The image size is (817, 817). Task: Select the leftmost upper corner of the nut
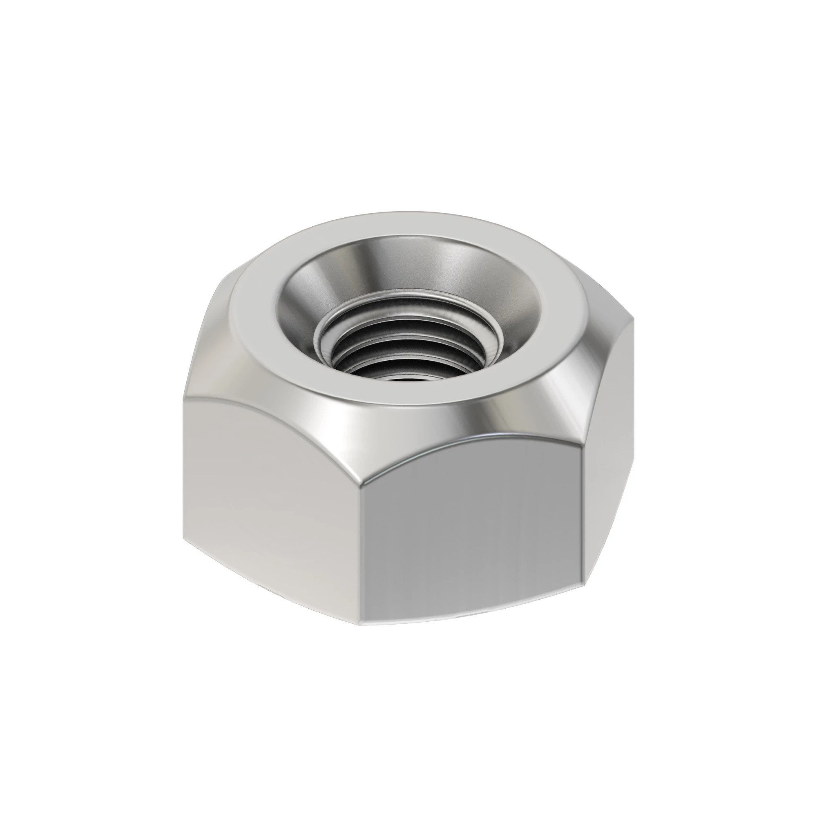[185, 400]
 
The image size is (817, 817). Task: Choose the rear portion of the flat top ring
[393, 224]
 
